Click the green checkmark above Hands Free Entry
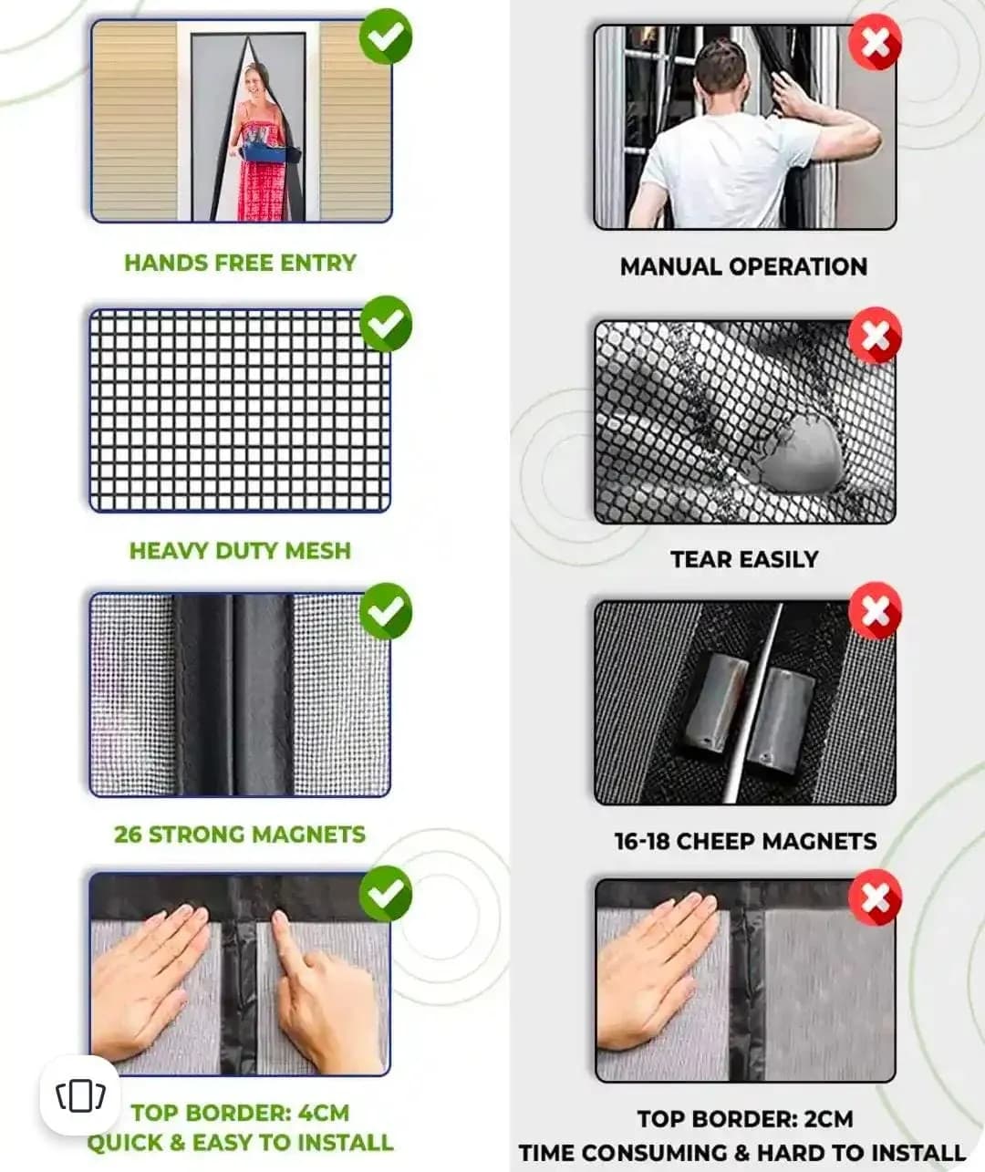pos(386,36)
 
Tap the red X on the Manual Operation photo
pos(875,42)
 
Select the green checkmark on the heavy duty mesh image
pos(386,324)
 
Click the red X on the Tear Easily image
pos(875,335)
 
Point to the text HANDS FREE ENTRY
pos(240,263)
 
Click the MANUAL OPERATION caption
pos(743,266)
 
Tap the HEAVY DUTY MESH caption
pos(240,551)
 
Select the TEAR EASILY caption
pos(744,559)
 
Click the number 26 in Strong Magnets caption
pos(128,835)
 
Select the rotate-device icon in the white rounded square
pos(80,1096)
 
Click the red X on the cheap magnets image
pos(875,610)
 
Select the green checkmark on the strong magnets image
pos(386,611)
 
